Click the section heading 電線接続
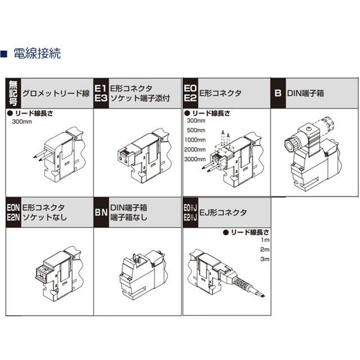click(x=37, y=54)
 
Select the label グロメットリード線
click(x=56, y=94)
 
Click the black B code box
click(x=278, y=94)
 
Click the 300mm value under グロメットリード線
click(x=22, y=122)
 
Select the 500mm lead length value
click(x=196, y=130)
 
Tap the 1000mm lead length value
click(x=195, y=140)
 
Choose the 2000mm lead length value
click(x=195, y=149)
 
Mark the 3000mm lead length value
click(x=195, y=159)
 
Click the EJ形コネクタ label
click(x=223, y=212)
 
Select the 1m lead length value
click(x=264, y=240)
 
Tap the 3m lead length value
click(x=264, y=259)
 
